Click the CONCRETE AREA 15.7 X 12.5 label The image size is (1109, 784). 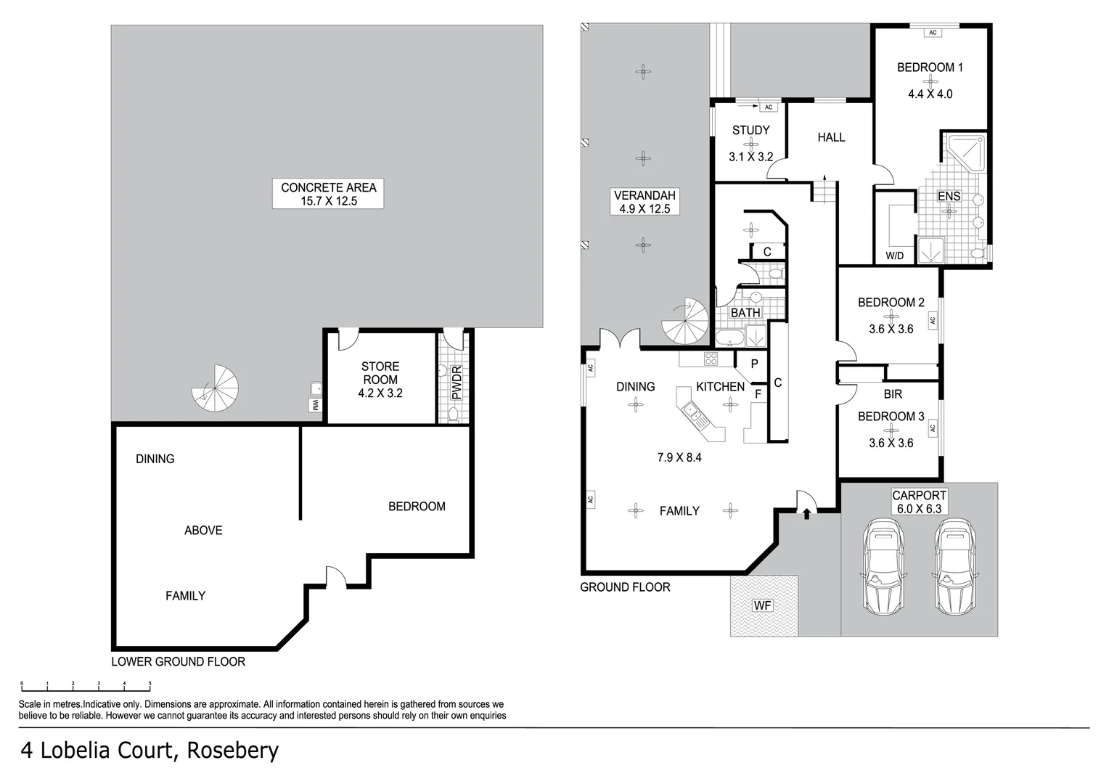point(328,194)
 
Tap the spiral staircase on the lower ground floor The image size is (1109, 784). point(216,388)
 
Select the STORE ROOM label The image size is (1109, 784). point(380,373)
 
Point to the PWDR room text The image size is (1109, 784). point(457,383)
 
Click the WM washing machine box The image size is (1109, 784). point(316,405)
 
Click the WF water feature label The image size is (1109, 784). point(762,605)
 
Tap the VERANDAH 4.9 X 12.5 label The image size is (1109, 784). point(644,202)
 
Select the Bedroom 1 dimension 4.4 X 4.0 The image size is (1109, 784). point(930,94)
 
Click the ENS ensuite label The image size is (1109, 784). point(949,196)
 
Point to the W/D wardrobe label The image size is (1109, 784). point(894,256)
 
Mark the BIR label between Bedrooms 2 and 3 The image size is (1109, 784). point(893,394)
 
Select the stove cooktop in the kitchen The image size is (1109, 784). point(710,358)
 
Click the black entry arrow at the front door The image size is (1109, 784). point(806,513)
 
